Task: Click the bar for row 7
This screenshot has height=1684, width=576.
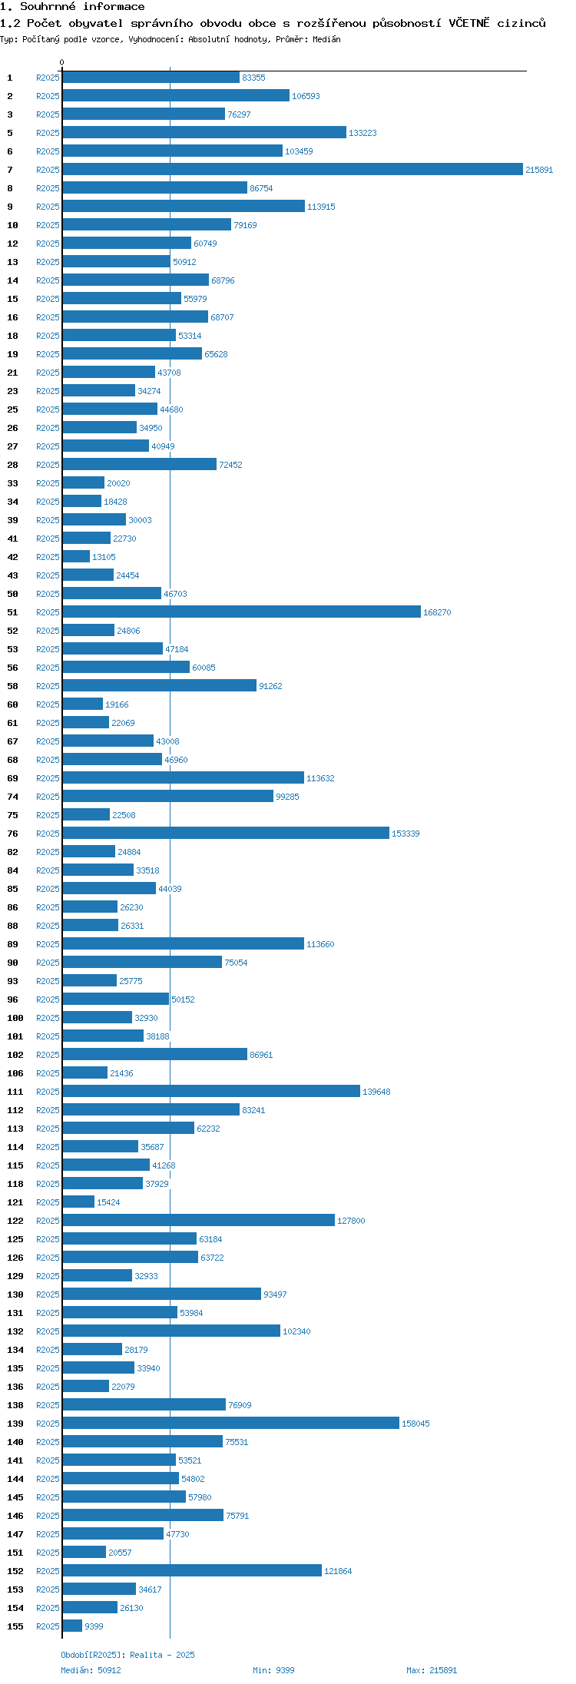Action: coord(293,170)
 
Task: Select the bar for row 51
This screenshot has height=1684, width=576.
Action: coord(242,612)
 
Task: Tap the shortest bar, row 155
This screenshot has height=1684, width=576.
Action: coord(72,1626)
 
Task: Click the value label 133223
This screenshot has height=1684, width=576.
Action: coord(362,133)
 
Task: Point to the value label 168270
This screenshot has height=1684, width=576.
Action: coord(437,612)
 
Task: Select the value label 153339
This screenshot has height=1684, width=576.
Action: coord(406,834)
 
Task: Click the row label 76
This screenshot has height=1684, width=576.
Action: coord(12,834)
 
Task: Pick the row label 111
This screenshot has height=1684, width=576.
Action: coord(15,1092)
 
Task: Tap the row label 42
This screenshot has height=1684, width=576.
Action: coord(12,557)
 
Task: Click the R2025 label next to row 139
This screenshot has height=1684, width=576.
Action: coord(48,1424)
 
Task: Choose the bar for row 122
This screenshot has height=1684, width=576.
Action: coord(199,1221)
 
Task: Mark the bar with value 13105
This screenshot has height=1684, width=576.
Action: coord(76,557)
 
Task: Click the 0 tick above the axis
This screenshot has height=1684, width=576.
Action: coord(62,62)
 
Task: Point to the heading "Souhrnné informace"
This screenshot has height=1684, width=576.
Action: coord(82,7)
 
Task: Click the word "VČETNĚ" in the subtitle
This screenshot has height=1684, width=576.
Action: coord(468,23)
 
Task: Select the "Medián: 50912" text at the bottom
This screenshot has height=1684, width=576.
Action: coord(91,1670)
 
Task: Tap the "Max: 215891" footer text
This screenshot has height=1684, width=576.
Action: coord(432,1670)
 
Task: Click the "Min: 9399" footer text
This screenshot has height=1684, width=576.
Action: coord(273,1670)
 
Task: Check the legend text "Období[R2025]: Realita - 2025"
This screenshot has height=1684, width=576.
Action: coord(127,1655)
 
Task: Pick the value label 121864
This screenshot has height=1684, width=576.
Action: coord(338,1571)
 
